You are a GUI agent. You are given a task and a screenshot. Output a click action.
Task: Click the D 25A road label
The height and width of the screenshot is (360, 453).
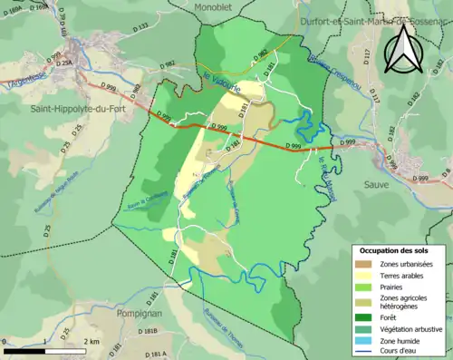[64, 63]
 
